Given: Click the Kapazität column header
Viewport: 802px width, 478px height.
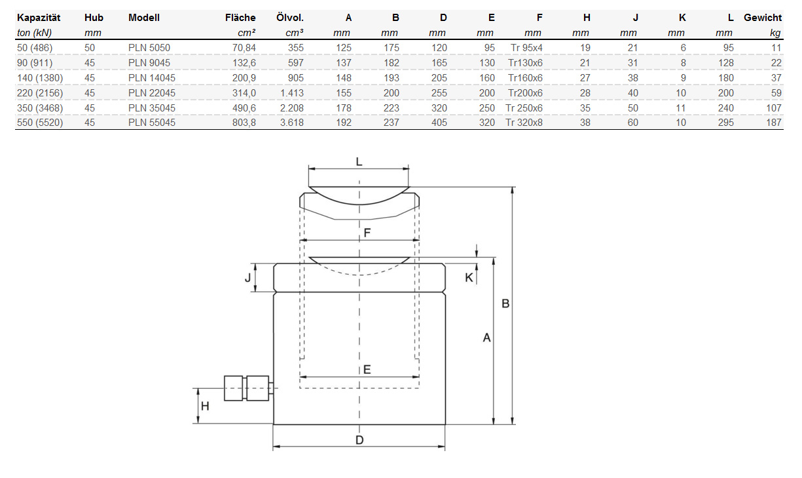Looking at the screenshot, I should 39,18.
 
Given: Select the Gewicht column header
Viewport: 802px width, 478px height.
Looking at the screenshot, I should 763,18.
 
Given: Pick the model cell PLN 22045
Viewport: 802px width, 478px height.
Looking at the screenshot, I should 152,93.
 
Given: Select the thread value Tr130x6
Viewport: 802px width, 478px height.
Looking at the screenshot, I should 525,63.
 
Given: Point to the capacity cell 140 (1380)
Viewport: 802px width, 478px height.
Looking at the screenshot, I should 40,78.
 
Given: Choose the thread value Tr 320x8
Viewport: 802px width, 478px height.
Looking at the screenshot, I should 524,123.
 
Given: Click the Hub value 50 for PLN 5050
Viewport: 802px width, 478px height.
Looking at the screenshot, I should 90,48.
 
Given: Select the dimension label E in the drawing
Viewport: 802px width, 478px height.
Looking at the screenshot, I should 367,369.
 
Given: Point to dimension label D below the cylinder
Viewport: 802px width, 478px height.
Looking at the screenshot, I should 359,440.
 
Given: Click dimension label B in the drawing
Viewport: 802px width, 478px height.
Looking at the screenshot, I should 505,304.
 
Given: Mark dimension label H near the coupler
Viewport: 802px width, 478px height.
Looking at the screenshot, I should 205,406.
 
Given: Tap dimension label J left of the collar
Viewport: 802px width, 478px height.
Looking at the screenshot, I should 248,277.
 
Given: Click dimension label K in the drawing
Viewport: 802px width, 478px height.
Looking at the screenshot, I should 469,277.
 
